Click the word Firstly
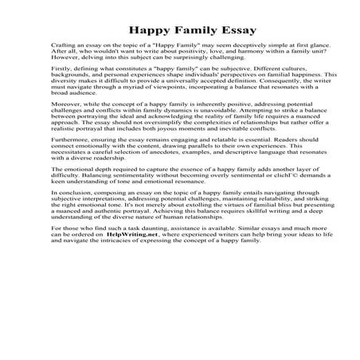(61, 92)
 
